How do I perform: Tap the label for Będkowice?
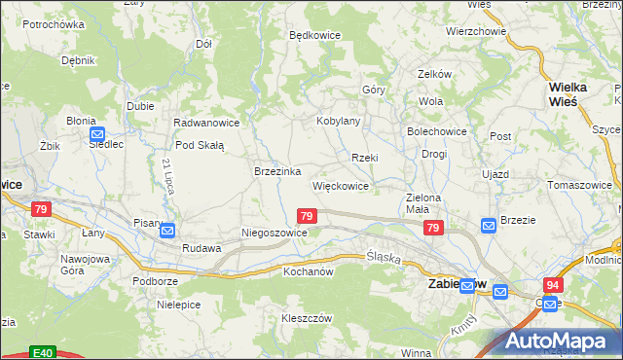[314, 34]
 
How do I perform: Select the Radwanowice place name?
[206, 123]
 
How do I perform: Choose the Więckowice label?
[340, 185]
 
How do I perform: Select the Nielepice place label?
[178, 304]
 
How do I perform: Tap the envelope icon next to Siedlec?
[96, 135]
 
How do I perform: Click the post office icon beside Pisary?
[167, 231]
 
